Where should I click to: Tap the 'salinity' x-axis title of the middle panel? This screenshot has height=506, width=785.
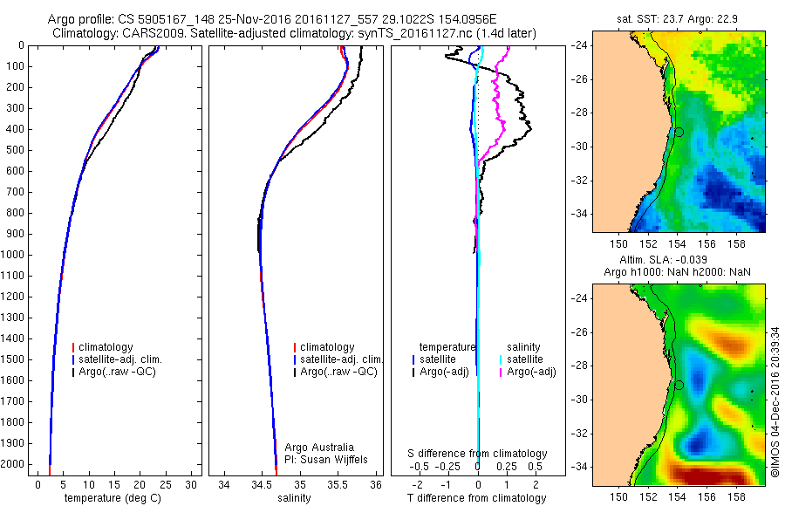(x=293, y=498)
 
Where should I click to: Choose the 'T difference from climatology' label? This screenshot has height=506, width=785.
(x=476, y=498)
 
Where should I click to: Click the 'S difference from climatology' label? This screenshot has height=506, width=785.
(x=478, y=454)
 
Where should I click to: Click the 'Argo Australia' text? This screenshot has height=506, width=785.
(x=320, y=447)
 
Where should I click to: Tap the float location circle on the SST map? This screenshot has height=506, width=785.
(x=679, y=132)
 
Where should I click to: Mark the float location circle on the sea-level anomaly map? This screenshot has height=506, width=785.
(x=679, y=385)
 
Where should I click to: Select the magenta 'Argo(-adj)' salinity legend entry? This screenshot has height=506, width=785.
(x=531, y=373)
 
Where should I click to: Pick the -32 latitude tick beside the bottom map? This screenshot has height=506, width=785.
(x=581, y=434)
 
